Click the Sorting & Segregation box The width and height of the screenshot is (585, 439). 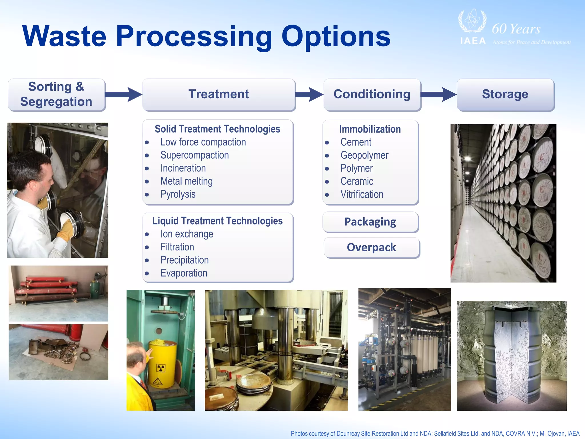coord(56,94)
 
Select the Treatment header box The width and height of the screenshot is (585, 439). coord(219,94)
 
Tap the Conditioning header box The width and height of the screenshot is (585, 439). coord(372,94)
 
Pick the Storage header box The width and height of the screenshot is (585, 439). coord(505,94)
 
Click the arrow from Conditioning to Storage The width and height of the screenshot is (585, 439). coord(439,94)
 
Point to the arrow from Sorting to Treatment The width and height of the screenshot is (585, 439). coord(124,94)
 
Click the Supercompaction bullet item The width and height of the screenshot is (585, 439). coord(195,155)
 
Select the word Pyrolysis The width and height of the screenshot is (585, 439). coord(178,194)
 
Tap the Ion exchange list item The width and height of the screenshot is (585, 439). coord(187,234)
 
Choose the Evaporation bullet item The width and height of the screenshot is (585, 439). coord(184,273)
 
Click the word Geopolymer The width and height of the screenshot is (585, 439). coord(364,155)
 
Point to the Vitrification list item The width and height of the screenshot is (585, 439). coord(362,194)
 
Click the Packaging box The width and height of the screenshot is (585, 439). coord(370,222)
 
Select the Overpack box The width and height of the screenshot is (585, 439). coord(371,248)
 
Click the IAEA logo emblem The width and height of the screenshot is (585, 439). coord(472,21)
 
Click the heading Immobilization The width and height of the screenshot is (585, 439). coord(370,129)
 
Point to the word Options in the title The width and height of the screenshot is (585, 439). coord(336,37)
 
